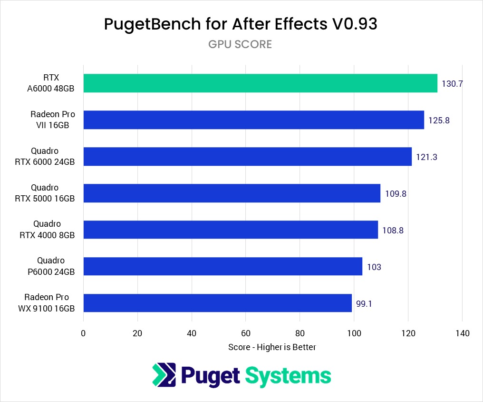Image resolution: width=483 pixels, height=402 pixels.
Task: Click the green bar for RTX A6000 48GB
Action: (x=260, y=83)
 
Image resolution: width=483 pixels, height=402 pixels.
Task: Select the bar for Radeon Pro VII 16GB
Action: (x=253, y=120)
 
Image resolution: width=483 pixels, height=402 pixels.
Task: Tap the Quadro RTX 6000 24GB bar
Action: (x=247, y=156)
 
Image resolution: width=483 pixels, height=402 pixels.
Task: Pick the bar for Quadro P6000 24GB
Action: (x=222, y=266)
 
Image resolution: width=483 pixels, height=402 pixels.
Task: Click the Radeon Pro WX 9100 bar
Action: (x=217, y=303)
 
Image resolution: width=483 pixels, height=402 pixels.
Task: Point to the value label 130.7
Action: (x=452, y=84)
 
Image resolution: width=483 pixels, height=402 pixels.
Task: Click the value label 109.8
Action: (x=396, y=193)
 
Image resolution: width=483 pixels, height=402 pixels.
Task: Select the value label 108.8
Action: (x=393, y=230)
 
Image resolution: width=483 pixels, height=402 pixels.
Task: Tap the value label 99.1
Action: (x=364, y=303)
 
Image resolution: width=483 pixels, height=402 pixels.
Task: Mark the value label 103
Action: (x=374, y=267)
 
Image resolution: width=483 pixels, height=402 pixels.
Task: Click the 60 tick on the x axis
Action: (x=246, y=333)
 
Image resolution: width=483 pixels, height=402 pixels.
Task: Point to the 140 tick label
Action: (x=462, y=333)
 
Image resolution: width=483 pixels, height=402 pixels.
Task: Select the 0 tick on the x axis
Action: (x=83, y=333)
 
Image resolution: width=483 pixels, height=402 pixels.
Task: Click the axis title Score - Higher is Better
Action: (x=272, y=347)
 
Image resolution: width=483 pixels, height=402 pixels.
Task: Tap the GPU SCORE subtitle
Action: (x=240, y=44)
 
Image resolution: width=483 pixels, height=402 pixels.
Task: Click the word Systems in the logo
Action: (x=288, y=375)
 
